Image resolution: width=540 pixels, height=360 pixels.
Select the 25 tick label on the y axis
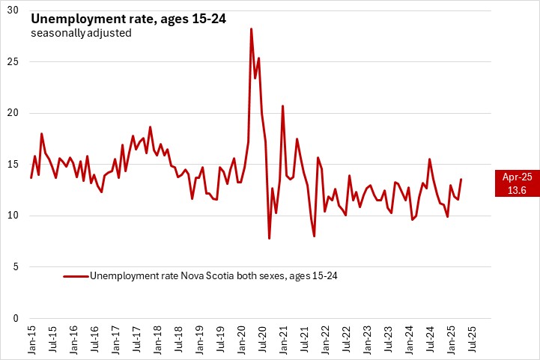point(14,61)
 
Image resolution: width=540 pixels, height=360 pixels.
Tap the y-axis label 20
point(14,113)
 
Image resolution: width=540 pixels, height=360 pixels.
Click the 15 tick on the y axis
point(14,165)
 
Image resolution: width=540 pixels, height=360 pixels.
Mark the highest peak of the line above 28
point(251,28)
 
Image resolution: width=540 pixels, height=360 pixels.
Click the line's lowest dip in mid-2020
point(269,238)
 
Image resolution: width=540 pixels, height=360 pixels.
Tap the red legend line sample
point(75,276)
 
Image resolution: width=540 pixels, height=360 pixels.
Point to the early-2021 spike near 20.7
point(283,106)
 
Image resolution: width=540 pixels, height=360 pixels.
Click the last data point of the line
point(461,179)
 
